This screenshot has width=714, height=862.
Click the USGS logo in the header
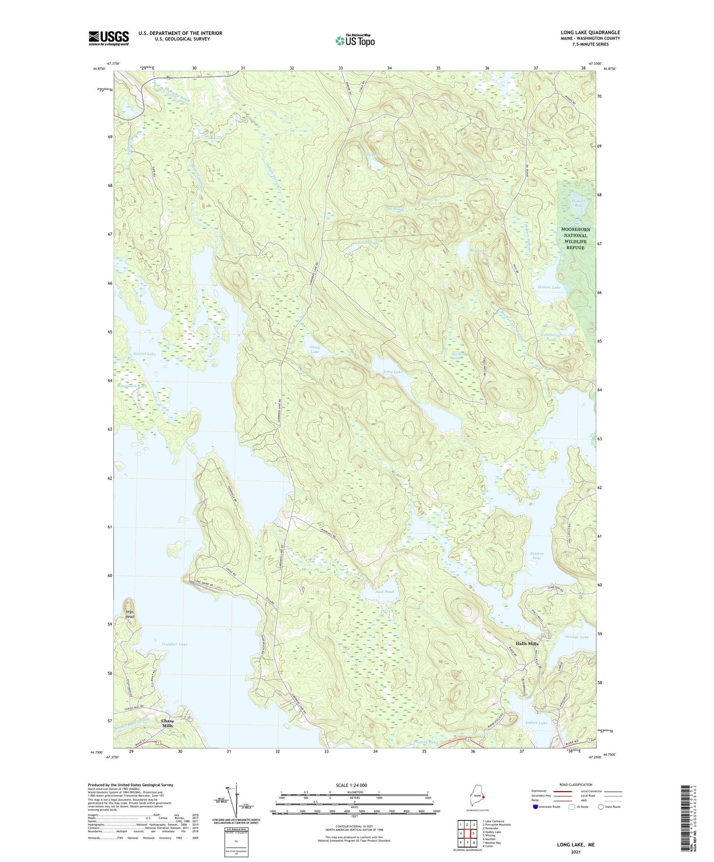pyautogui.click(x=109, y=38)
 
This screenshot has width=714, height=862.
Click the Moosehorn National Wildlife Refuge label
pyautogui.click(x=576, y=238)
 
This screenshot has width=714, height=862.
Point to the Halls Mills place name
pyautogui.click(x=527, y=644)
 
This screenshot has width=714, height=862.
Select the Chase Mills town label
pyautogui.click(x=168, y=723)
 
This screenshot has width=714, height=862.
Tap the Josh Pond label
pyautogui.click(x=384, y=591)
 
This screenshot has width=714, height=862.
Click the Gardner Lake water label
pyautogui.click(x=174, y=644)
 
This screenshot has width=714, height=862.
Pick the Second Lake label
pyautogui.click(x=144, y=354)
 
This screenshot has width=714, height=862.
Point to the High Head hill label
pyautogui.click(x=129, y=614)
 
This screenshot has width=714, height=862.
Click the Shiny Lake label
pyautogui.click(x=315, y=350)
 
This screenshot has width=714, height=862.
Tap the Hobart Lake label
pyautogui.click(x=549, y=287)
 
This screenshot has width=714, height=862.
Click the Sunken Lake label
pyautogui.click(x=537, y=555)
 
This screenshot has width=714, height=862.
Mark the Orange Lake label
pyautogui.click(x=577, y=637)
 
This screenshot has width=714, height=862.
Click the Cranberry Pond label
pyautogui.click(x=548, y=337)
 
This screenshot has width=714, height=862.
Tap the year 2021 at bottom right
pyautogui.click(x=576, y=852)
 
